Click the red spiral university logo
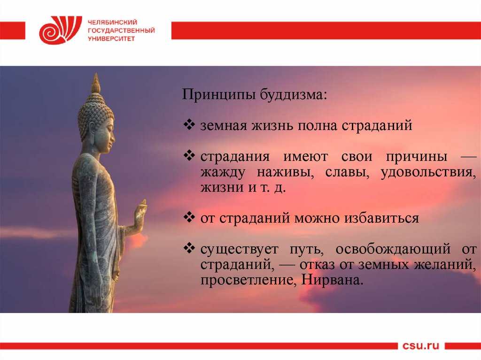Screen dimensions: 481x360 (x=61, y=30)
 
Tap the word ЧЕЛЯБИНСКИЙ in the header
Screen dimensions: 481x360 (x=112, y=23)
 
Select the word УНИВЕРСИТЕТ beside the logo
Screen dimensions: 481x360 (x=111, y=38)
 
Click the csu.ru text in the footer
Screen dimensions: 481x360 (x=420, y=345)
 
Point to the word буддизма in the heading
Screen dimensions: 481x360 (x=294, y=94)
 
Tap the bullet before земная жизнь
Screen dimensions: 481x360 (x=189, y=124)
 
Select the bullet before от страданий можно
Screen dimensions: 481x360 (x=189, y=217)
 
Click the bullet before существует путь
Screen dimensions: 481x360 (x=189, y=248)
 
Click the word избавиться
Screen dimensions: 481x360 (x=381, y=218)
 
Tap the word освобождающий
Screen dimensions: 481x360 (x=393, y=249)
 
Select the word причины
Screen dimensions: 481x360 (x=416, y=157)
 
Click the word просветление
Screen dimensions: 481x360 (x=248, y=280)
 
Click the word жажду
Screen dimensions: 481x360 (x=223, y=172)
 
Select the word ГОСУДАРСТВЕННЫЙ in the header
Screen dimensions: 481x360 (x=121, y=31)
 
